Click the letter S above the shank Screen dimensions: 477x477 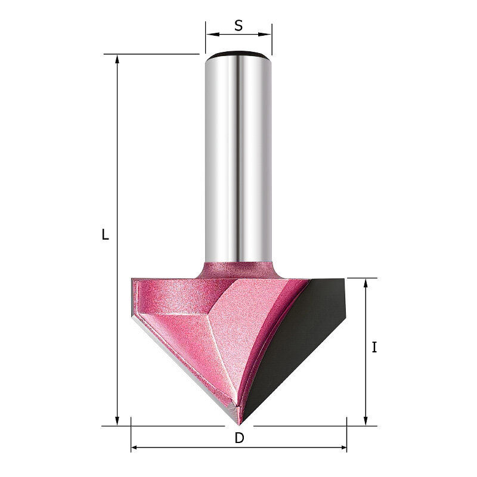239,26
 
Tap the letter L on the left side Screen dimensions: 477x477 106,234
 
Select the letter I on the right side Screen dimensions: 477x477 374,348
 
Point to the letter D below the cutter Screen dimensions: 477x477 240,438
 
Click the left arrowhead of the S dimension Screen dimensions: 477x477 212,34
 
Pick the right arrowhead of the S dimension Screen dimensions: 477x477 265,34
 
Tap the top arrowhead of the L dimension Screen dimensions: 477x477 117,61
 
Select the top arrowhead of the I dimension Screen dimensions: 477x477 366,285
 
